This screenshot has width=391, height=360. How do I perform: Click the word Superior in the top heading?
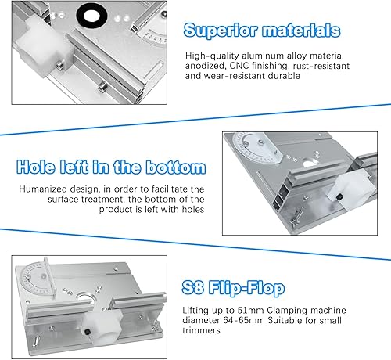click(x=221, y=31)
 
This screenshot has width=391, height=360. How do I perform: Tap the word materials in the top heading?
click(x=301, y=31)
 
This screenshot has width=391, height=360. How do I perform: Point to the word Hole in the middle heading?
click(x=36, y=167)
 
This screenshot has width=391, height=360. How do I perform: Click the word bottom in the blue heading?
click(x=176, y=167)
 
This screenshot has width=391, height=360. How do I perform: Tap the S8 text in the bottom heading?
click(x=192, y=287)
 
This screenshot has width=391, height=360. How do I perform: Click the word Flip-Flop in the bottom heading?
click(x=246, y=289)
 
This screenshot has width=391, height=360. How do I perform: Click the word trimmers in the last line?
click(x=201, y=330)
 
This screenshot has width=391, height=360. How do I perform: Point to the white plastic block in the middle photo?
click(x=352, y=189)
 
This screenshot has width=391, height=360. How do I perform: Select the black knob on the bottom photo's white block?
click(x=87, y=332)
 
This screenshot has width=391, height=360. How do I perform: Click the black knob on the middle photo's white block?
click(x=339, y=197)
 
